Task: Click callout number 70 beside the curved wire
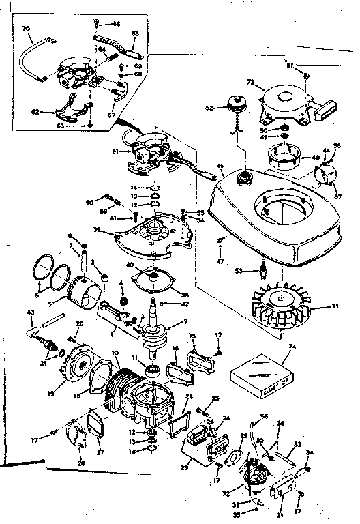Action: [26, 29]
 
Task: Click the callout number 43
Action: [29, 312]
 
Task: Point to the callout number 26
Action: [82, 464]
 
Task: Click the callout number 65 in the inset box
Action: [134, 33]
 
